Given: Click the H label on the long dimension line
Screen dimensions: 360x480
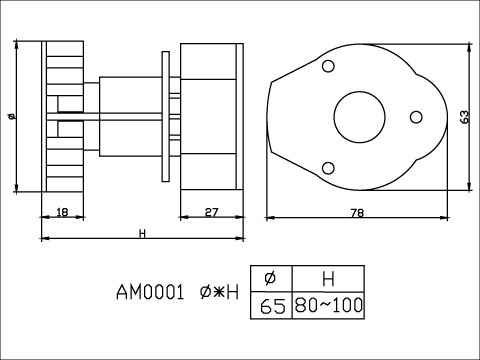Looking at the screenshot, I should pos(143,233).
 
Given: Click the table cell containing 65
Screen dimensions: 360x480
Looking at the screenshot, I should pos(273,305).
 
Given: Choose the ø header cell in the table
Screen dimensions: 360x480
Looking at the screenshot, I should pos(273,279).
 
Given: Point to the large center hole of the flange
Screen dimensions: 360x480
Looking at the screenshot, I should pos(358,117).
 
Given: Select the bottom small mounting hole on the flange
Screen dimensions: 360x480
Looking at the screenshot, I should pos(328,168).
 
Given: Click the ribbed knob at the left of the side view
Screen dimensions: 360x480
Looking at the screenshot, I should pos(64,116).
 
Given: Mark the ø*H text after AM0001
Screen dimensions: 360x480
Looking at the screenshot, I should pos(219,294).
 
